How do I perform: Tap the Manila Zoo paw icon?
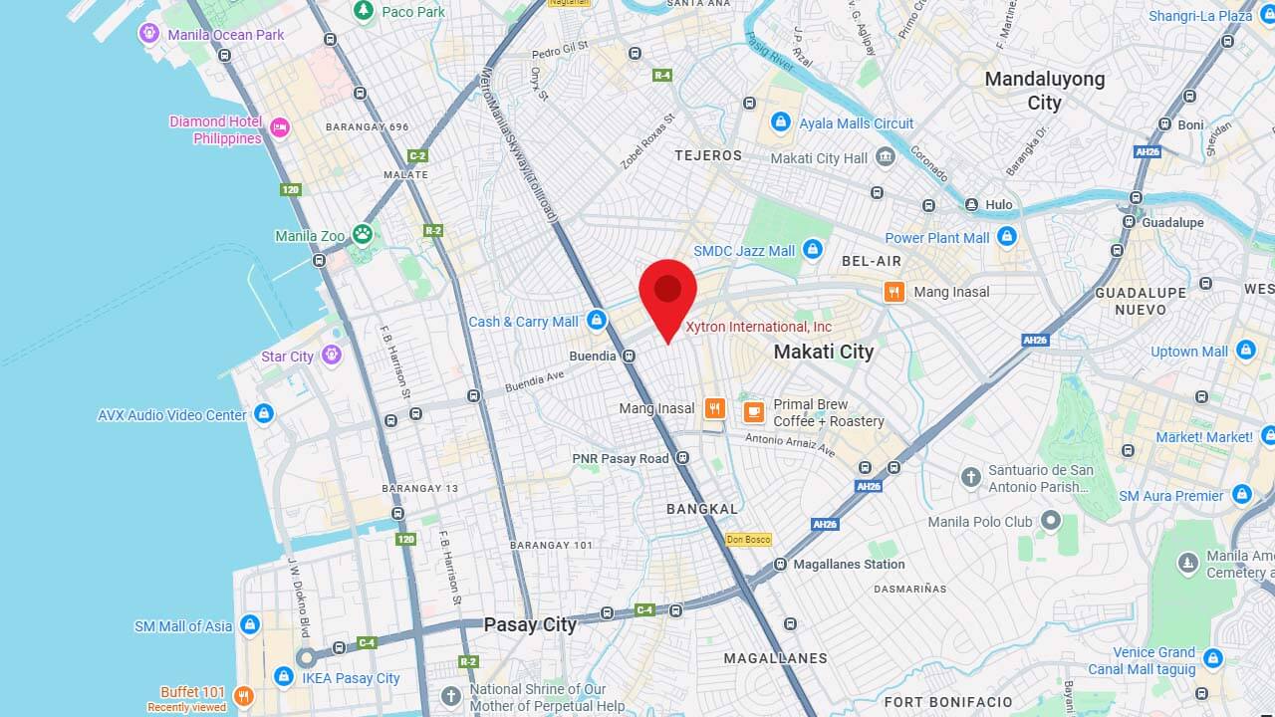(x=362, y=235)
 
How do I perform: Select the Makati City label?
(x=824, y=352)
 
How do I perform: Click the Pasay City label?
(x=530, y=625)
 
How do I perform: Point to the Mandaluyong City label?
(x=1044, y=90)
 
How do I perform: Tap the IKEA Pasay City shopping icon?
(x=284, y=678)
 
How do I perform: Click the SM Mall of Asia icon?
(x=250, y=625)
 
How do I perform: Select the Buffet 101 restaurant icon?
(x=243, y=695)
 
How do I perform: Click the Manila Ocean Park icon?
(x=149, y=34)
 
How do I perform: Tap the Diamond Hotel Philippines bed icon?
(x=280, y=126)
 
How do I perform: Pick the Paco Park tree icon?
(x=364, y=11)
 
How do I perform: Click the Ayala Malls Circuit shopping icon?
(x=781, y=122)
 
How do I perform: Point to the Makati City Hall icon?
(x=885, y=157)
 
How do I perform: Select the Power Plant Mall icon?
(x=1007, y=237)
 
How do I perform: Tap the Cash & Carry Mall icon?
(x=597, y=320)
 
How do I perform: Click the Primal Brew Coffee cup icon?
(x=754, y=411)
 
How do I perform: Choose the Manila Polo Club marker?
(x=1050, y=521)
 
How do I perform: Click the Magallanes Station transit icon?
(x=779, y=565)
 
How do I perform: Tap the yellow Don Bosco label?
(x=748, y=540)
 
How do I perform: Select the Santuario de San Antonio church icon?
(x=971, y=477)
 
